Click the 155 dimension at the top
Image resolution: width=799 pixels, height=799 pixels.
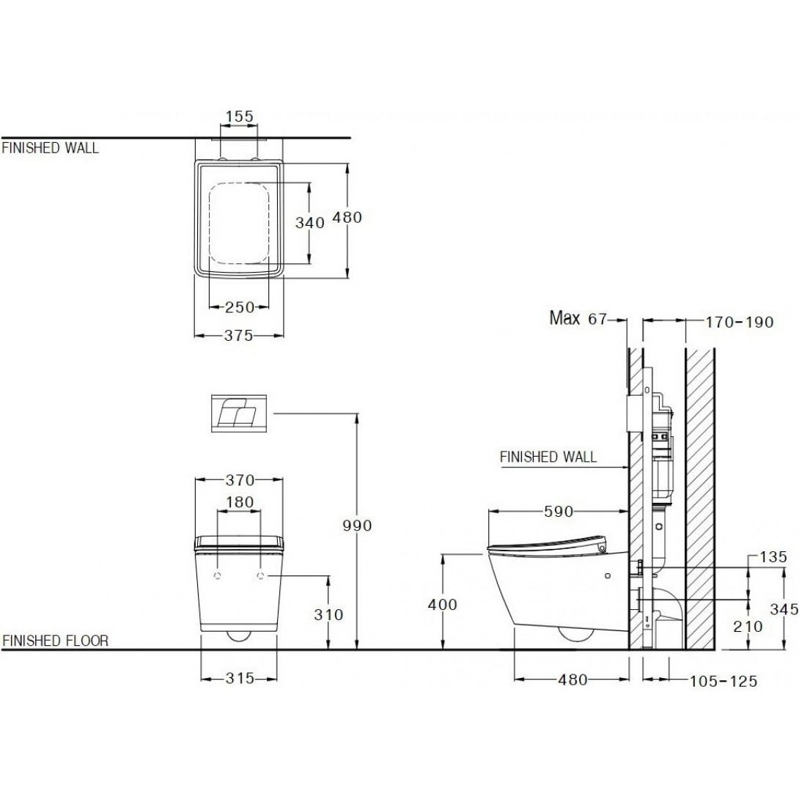pyautogui.click(x=240, y=116)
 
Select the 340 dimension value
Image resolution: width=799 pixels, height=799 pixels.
pyautogui.click(x=310, y=223)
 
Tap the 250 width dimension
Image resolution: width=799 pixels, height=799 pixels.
pyautogui.click(x=240, y=307)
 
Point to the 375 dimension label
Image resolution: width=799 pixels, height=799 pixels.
pyautogui.click(x=239, y=335)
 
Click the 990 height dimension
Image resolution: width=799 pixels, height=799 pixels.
pyautogui.click(x=357, y=526)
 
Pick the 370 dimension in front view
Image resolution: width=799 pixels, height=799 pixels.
pyautogui.click(x=240, y=480)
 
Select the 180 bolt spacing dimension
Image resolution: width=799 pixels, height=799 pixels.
pyautogui.click(x=240, y=502)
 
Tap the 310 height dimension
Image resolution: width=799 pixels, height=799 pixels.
pyautogui.click(x=328, y=614)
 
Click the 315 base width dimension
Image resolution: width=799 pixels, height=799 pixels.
pyautogui.click(x=240, y=678)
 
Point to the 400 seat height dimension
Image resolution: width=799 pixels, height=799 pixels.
pyautogui.click(x=442, y=605)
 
